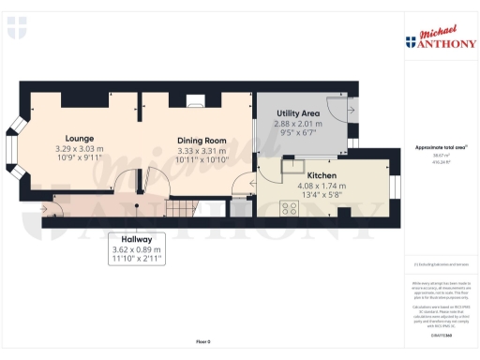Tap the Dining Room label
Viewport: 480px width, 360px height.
pos(202,141)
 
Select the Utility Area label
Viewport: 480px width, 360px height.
pos(297,112)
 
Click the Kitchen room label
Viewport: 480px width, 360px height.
pos(322,175)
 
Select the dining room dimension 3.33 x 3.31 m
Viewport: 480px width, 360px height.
pos(202,150)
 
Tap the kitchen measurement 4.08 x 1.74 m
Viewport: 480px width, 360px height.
pos(322,186)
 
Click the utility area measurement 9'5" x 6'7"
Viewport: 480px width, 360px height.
pos(297,132)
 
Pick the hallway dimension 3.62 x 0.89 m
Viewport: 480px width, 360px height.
pos(137,249)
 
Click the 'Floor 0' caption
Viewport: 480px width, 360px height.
pos(203,341)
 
